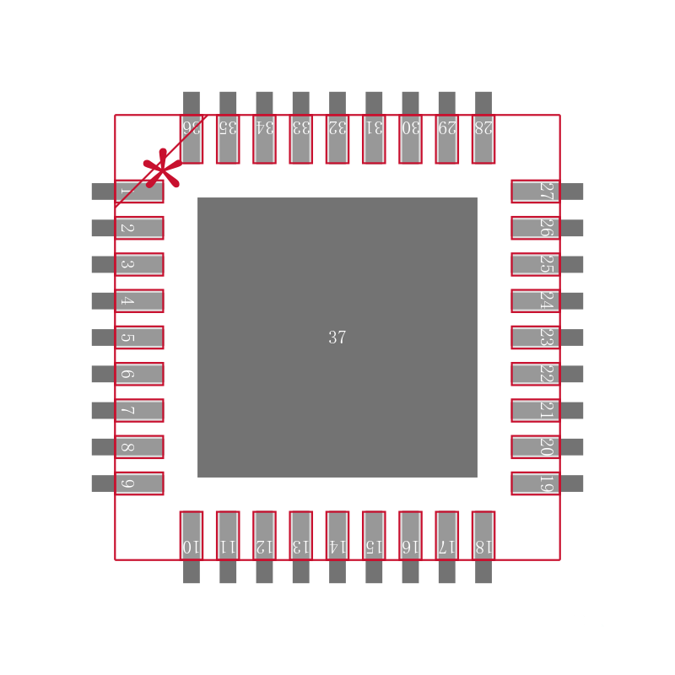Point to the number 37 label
click(337, 337)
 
